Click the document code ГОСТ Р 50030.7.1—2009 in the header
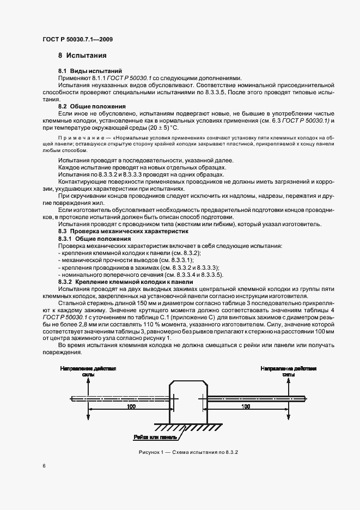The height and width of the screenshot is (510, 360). click(x=77, y=39)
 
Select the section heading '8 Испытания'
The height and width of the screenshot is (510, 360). click(x=82, y=56)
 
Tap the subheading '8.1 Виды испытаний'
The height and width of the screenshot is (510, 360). click(x=87, y=71)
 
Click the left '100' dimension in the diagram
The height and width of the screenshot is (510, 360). click(x=131, y=406)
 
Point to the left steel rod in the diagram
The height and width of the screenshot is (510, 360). click(x=120, y=398)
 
